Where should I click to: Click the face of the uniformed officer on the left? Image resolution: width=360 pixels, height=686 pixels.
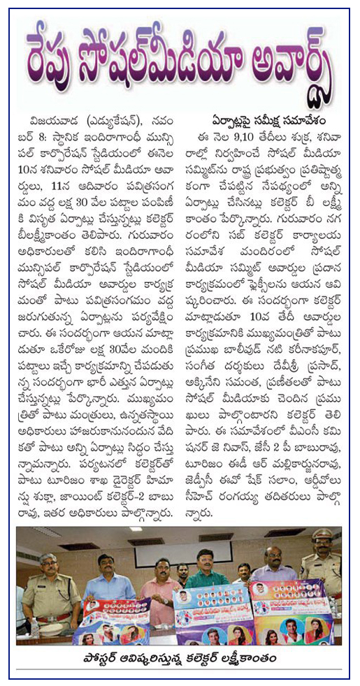tap(48, 564)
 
